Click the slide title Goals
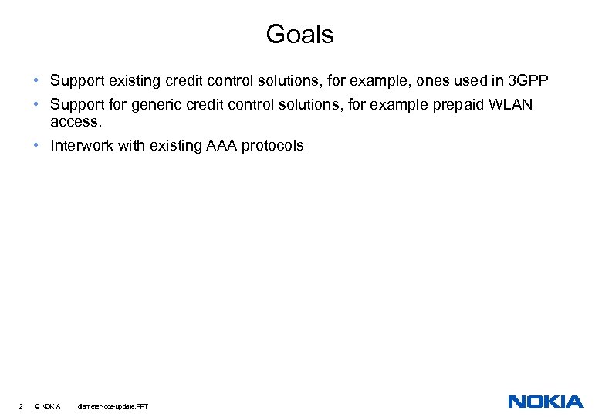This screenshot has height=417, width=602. tap(299, 35)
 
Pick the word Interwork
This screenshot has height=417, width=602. tap(82, 145)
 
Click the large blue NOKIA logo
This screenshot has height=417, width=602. tap(546, 402)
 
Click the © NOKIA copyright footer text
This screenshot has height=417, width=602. tap(48, 406)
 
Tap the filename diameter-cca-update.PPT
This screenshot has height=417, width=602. tap(113, 406)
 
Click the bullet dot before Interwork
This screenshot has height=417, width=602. tap(37, 145)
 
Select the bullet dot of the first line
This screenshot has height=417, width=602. tap(37, 80)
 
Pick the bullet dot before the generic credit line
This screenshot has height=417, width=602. tap(37, 104)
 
